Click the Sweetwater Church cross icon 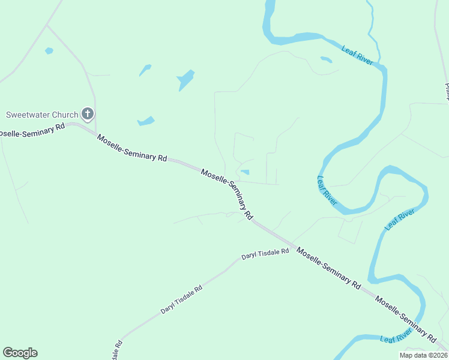88,114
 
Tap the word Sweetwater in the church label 28,115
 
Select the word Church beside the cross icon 65,115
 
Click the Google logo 20,353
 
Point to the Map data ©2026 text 423,355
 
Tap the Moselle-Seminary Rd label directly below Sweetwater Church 131,148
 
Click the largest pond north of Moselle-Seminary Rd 186,80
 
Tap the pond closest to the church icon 146,121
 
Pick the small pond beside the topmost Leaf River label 326,59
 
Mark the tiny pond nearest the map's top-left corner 49,51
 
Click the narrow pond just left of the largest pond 145,70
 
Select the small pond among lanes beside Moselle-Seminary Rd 245,173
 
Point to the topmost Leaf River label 357,55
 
